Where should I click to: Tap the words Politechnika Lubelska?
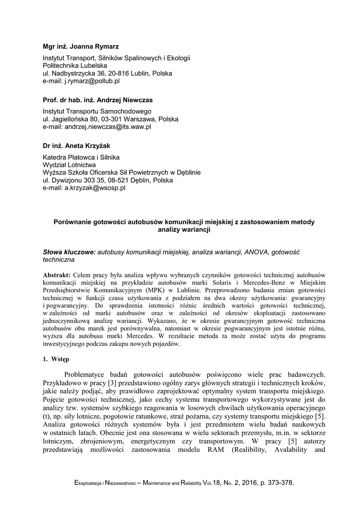(x=74, y=65)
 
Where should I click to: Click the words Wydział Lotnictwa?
(x=70, y=165)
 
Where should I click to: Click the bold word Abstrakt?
(x=57, y=275)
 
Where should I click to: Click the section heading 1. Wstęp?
(x=56, y=358)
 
